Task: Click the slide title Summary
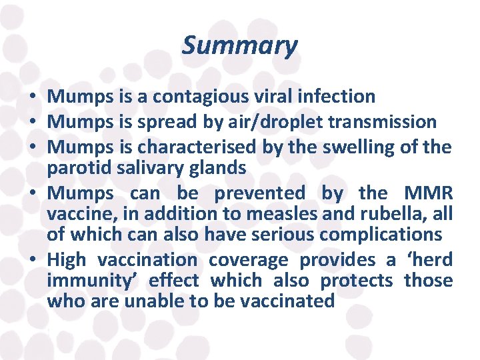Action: (x=239, y=46)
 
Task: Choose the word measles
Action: (x=285, y=214)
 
